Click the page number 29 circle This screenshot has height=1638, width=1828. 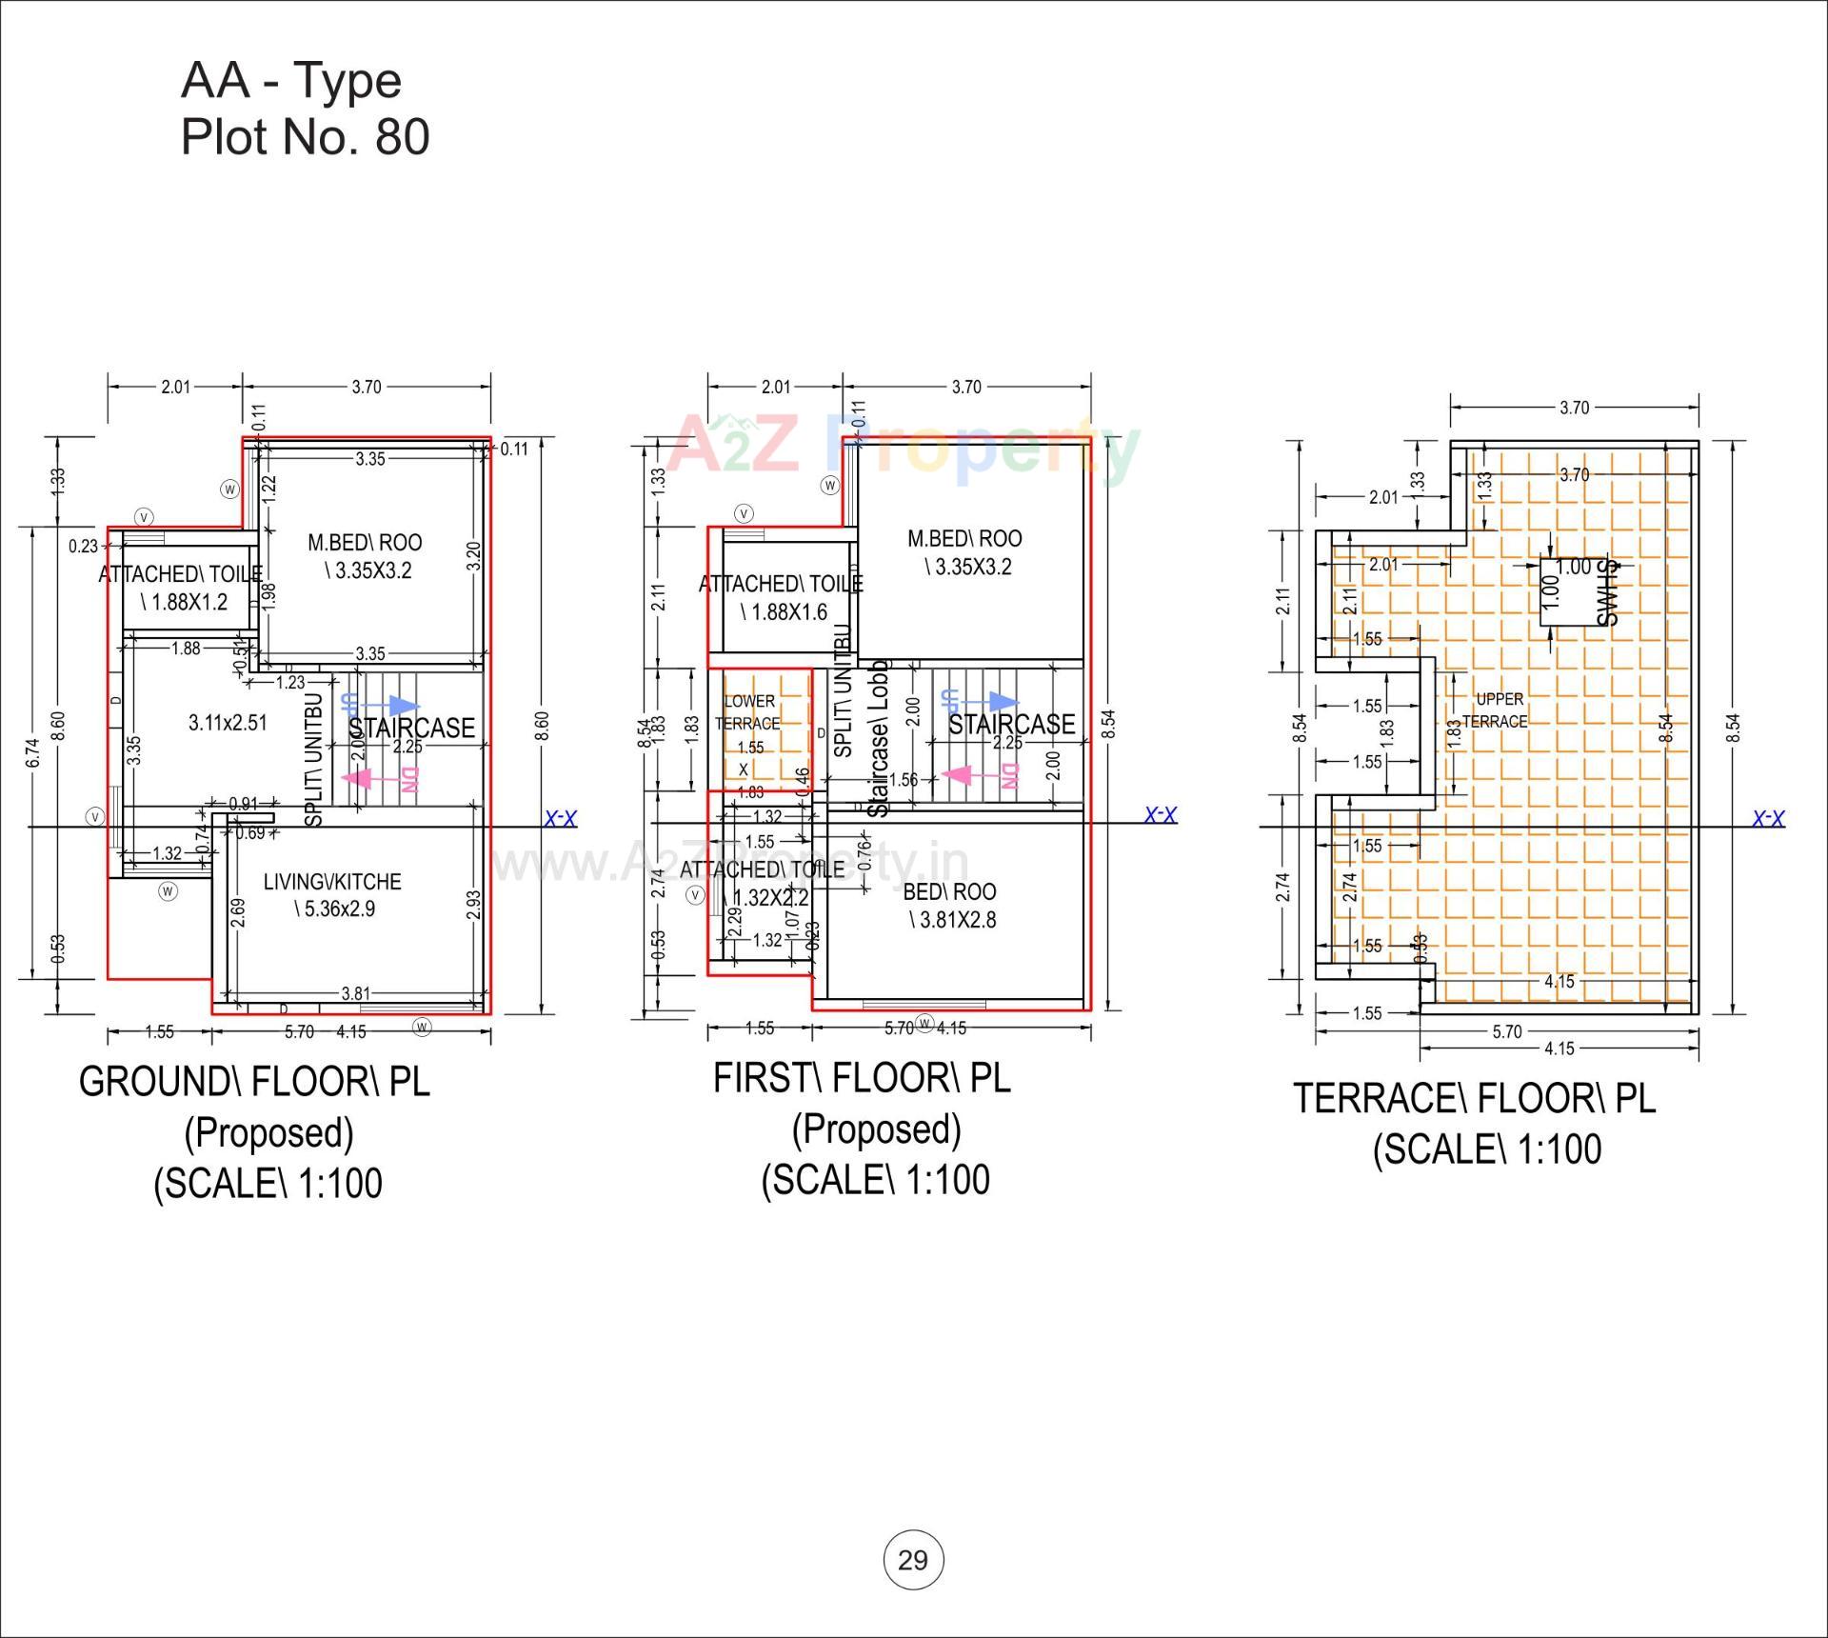pyautogui.click(x=913, y=1560)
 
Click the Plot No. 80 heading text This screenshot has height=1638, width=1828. pyautogui.click(x=305, y=136)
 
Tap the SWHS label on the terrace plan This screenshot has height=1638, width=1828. pyautogui.click(x=1607, y=592)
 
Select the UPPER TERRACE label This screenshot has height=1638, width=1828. pyautogui.click(x=1500, y=710)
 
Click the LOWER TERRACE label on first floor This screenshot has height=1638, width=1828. pyautogui.click(x=749, y=712)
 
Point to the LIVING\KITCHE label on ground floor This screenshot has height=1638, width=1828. pyautogui.click(x=332, y=882)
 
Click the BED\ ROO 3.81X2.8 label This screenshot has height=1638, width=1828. pyautogui.click(x=949, y=906)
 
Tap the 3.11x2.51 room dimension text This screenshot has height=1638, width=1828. pyautogui.click(x=228, y=723)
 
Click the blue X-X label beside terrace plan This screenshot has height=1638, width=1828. pyautogui.click(x=1768, y=819)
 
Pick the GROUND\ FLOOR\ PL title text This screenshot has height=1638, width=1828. pyautogui.click(x=254, y=1082)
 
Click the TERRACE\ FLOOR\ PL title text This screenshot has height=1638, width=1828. pyautogui.click(x=1474, y=1098)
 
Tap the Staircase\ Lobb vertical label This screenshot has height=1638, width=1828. pyautogui.click(x=878, y=738)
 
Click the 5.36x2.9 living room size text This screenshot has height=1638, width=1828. pyautogui.click(x=334, y=909)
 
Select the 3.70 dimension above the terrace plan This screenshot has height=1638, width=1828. pyautogui.click(x=1574, y=408)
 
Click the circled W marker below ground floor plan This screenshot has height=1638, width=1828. pyautogui.click(x=422, y=1026)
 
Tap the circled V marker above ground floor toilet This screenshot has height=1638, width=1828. pyautogui.click(x=144, y=517)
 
